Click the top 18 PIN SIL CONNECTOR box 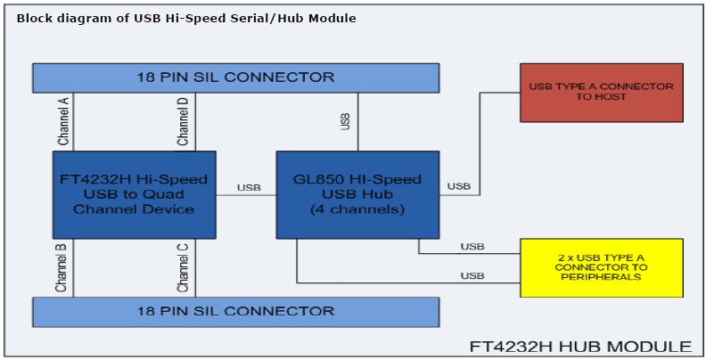coord(235,77)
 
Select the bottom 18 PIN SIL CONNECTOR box coord(235,311)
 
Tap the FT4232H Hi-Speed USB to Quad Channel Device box coord(134,194)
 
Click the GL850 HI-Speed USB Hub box coord(357,194)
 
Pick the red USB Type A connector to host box coord(601,92)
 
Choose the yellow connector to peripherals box coord(601,267)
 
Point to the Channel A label coord(63,121)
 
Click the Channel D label coord(183,121)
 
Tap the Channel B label coord(63,267)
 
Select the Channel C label coord(183,267)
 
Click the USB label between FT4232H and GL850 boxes coord(249,187)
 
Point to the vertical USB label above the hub coord(346,121)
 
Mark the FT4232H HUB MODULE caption coord(580,346)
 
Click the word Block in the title coord(34,18)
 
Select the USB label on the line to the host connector coord(459,186)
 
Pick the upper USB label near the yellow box coord(472,246)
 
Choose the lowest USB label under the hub coord(472,276)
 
